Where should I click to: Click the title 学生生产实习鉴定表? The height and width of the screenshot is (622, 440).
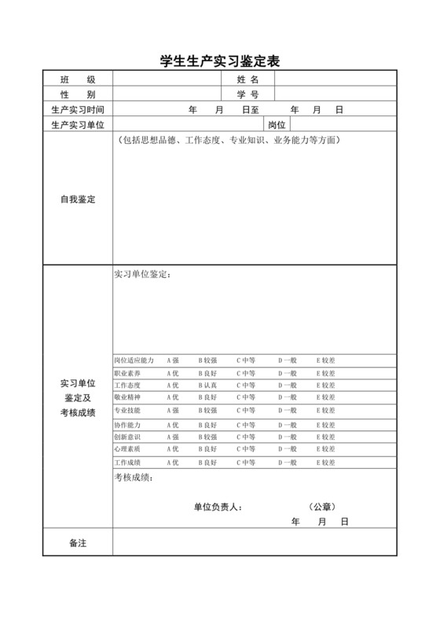click(x=220, y=60)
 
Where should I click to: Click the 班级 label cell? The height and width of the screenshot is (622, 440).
click(x=78, y=79)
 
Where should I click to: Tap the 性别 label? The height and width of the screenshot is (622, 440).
click(x=78, y=94)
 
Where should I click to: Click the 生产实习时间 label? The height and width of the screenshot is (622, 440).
click(x=78, y=110)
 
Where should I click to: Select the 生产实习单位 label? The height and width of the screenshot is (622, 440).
click(x=78, y=125)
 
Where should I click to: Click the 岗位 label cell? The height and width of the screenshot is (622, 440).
click(x=277, y=125)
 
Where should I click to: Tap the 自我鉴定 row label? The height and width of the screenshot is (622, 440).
click(x=78, y=199)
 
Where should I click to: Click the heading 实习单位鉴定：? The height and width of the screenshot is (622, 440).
click(x=141, y=275)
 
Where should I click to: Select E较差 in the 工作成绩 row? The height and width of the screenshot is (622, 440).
click(x=325, y=463)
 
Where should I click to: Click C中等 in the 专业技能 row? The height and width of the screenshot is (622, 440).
click(x=246, y=410)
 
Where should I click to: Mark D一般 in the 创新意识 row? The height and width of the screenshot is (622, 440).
click(x=287, y=437)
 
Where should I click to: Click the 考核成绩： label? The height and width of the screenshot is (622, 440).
click(x=134, y=477)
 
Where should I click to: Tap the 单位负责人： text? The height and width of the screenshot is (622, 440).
click(x=218, y=507)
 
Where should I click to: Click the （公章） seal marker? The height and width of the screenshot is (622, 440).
click(x=322, y=507)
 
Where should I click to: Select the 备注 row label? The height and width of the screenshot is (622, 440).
click(x=78, y=543)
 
